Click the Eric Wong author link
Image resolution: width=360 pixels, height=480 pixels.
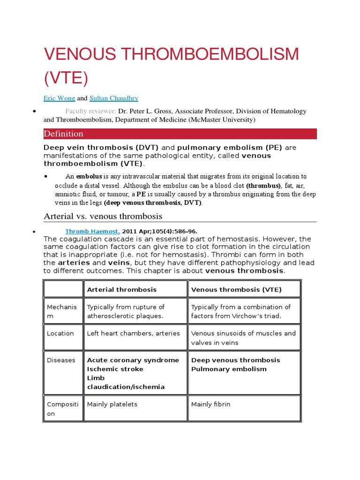tap(59, 98)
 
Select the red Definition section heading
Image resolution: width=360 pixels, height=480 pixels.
tap(64, 134)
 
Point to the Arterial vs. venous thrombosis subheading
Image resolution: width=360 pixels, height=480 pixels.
tap(103, 216)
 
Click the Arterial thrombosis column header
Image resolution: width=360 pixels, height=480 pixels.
tap(122, 290)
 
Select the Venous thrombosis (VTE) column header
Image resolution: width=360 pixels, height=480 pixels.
tap(236, 290)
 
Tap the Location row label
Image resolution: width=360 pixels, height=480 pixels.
tap(60, 333)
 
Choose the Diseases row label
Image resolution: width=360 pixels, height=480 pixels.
tap(61, 360)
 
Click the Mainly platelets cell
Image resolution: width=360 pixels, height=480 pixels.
tap(112, 404)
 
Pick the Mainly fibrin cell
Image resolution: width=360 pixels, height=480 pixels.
tap(210, 404)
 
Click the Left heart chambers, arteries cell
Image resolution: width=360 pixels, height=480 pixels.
tap(133, 333)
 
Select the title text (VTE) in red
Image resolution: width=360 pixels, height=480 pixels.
tap(66, 77)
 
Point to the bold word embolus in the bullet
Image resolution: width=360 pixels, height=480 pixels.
tap(89, 176)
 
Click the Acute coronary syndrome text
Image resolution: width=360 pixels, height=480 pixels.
tap(133, 360)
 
